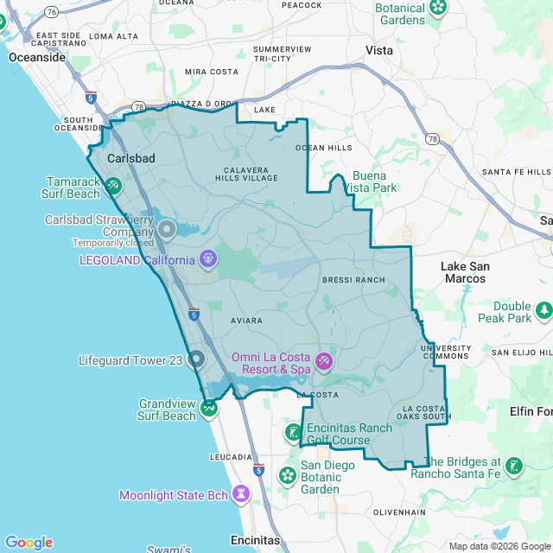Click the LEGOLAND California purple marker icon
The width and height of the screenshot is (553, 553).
(x=207, y=258)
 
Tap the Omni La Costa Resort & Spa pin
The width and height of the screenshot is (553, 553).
(x=323, y=359)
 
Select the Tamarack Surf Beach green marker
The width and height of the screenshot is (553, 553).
(x=113, y=185)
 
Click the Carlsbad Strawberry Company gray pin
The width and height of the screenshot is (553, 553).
(x=166, y=230)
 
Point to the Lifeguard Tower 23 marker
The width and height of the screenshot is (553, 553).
(x=196, y=359)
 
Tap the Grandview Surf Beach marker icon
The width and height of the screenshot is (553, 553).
(x=208, y=406)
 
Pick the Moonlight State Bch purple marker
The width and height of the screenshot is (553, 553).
(x=241, y=493)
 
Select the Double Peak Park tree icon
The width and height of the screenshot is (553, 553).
(x=543, y=309)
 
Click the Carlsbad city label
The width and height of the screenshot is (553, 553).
(x=131, y=159)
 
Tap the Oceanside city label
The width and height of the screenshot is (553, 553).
(x=37, y=57)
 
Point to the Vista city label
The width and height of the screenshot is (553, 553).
(x=378, y=50)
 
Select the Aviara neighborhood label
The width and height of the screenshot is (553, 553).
(x=245, y=321)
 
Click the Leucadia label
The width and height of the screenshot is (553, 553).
(x=231, y=456)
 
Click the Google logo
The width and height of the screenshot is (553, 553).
(x=29, y=543)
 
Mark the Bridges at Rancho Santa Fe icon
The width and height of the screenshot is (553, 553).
(x=514, y=466)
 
